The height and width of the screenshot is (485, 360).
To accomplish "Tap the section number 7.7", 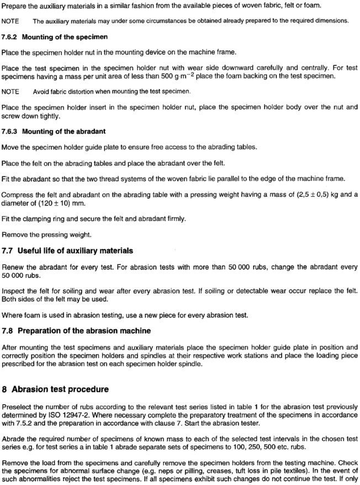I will coord(9,251).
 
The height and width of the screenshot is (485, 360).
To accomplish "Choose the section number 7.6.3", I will coord(10,131).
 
